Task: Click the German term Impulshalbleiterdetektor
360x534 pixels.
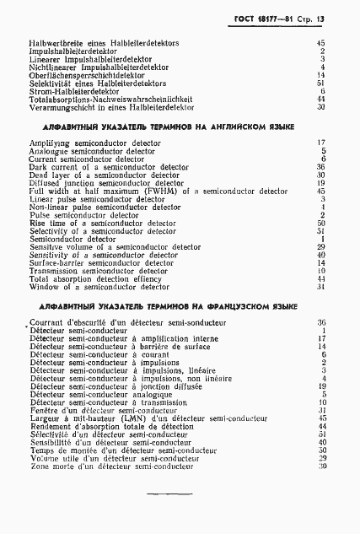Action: pos(72,51)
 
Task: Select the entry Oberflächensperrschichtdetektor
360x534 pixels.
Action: pos(86,75)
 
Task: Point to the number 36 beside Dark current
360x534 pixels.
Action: pos(321,167)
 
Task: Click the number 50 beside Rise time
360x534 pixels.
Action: pos(321,224)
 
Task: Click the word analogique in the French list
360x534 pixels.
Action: pos(159,394)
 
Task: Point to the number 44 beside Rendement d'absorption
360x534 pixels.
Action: pos(321,427)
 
